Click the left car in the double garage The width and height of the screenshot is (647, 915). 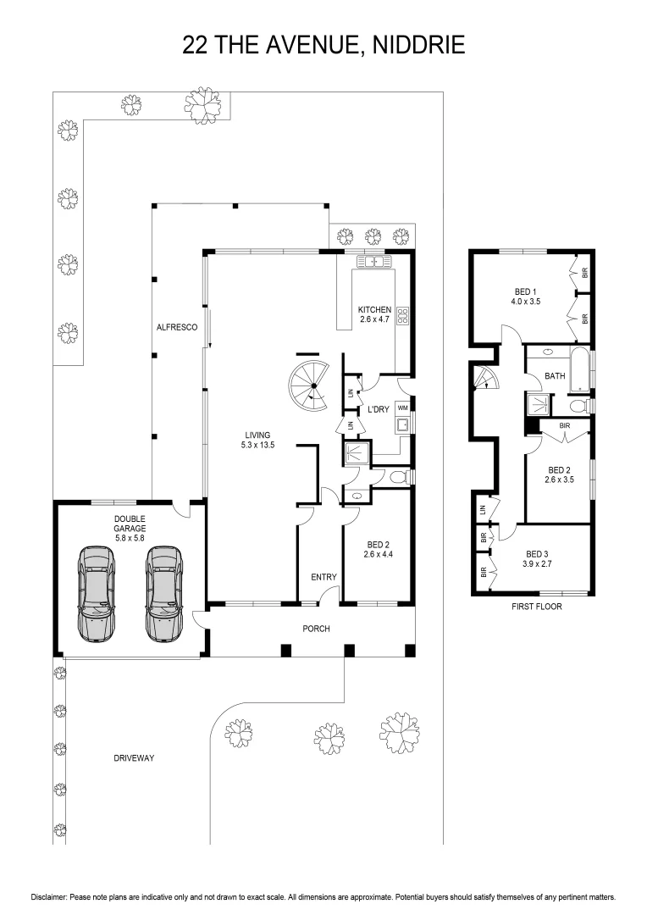click(x=97, y=593)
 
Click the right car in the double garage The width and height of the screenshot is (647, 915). click(x=164, y=593)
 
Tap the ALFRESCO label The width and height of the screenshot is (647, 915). click(x=177, y=327)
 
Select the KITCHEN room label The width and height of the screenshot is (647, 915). click(x=374, y=309)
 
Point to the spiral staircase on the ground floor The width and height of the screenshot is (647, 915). click(x=309, y=385)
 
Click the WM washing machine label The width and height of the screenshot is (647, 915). click(x=402, y=407)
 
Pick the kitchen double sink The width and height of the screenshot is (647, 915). click(x=373, y=261)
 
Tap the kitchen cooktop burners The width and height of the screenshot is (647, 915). click(x=403, y=316)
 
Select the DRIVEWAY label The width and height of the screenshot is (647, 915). click(x=134, y=758)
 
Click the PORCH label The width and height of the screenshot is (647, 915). click(x=316, y=629)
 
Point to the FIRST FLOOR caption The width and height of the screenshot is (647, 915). click(x=537, y=607)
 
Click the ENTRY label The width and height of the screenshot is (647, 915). click(x=323, y=577)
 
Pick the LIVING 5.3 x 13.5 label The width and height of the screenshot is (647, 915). click(x=257, y=440)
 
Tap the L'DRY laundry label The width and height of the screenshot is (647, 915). click(x=378, y=410)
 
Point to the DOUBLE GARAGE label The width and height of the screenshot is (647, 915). click(x=130, y=524)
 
